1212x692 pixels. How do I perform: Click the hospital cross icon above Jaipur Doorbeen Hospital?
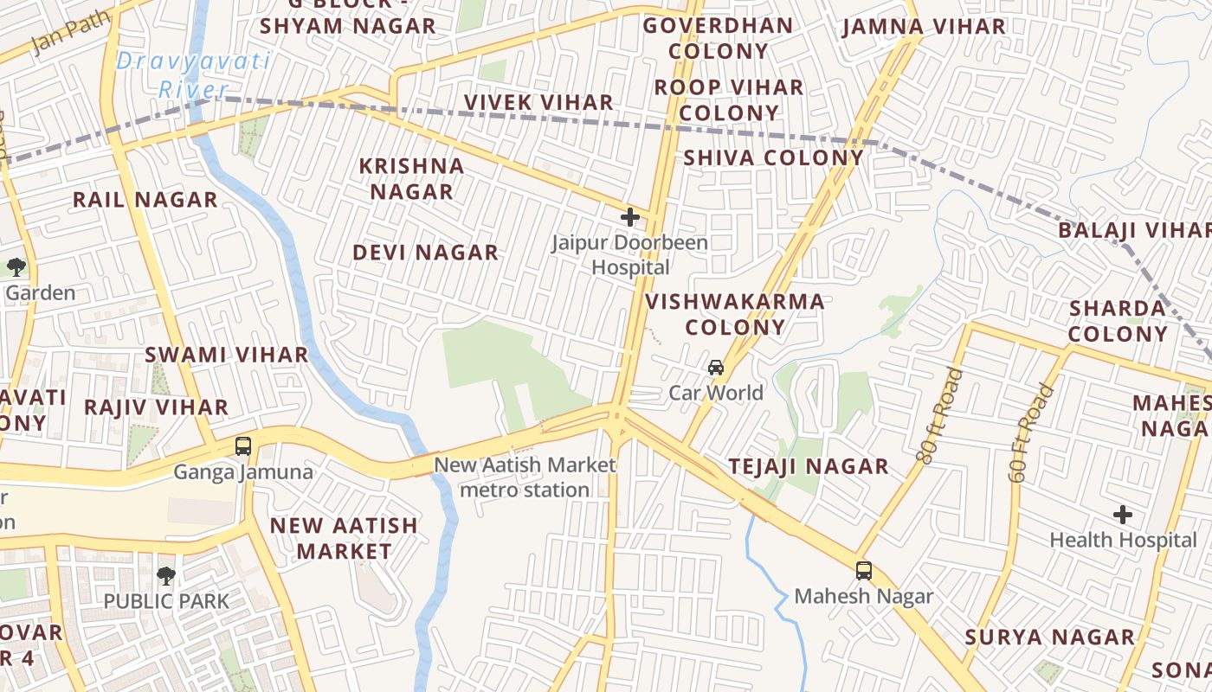[x=629, y=217]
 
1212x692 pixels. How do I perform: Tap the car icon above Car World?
[x=716, y=368]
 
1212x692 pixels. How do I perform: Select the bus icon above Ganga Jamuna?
[x=243, y=446]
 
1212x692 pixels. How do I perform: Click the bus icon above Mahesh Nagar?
[x=863, y=571]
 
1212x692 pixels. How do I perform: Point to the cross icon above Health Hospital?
[x=1123, y=516]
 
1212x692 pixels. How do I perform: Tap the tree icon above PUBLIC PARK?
[x=165, y=575]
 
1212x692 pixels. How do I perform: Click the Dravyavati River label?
[x=194, y=75]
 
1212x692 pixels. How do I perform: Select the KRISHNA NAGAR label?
[x=412, y=178]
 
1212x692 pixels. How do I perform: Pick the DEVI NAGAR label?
[x=425, y=253]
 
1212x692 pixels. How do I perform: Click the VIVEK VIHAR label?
[x=538, y=102]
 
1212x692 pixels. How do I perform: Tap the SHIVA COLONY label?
[x=774, y=157]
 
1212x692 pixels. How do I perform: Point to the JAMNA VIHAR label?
[x=924, y=27]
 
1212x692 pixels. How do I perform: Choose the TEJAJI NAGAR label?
[x=809, y=466]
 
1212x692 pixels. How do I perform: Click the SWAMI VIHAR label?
[x=226, y=355]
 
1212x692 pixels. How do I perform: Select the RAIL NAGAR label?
[x=145, y=200]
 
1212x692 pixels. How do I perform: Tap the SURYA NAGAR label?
[x=1049, y=638]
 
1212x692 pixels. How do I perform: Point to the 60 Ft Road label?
[x=1031, y=433]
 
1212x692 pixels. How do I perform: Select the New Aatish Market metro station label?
[x=525, y=477]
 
